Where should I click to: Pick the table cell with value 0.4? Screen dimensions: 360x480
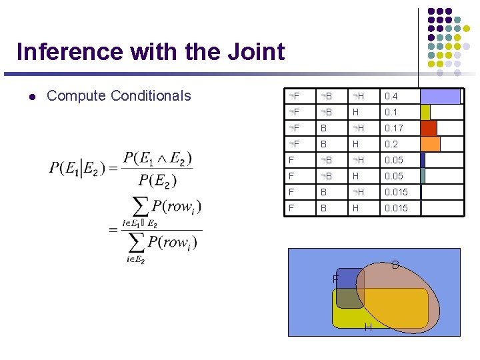tap(399, 96)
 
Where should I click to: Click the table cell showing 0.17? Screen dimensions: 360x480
tap(399, 128)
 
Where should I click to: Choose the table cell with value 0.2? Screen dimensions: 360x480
tap(399, 144)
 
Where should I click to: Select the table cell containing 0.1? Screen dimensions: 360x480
tap(399, 112)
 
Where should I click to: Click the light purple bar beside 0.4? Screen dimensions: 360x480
tap(440, 96)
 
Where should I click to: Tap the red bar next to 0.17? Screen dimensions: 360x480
tap(429, 128)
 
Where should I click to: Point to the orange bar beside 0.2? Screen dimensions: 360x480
tap(431, 144)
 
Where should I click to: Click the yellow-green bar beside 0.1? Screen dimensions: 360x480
tap(425, 112)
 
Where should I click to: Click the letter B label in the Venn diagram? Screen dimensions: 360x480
tap(395, 265)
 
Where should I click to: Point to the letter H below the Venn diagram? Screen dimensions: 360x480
tap(368, 327)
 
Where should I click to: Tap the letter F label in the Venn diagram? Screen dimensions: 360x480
tap(336, 278)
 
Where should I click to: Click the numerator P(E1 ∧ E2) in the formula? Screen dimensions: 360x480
tap(157, 158)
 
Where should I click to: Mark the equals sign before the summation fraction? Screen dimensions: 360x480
tap(113, 229)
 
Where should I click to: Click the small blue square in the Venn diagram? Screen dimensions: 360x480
tap(348, 279)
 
